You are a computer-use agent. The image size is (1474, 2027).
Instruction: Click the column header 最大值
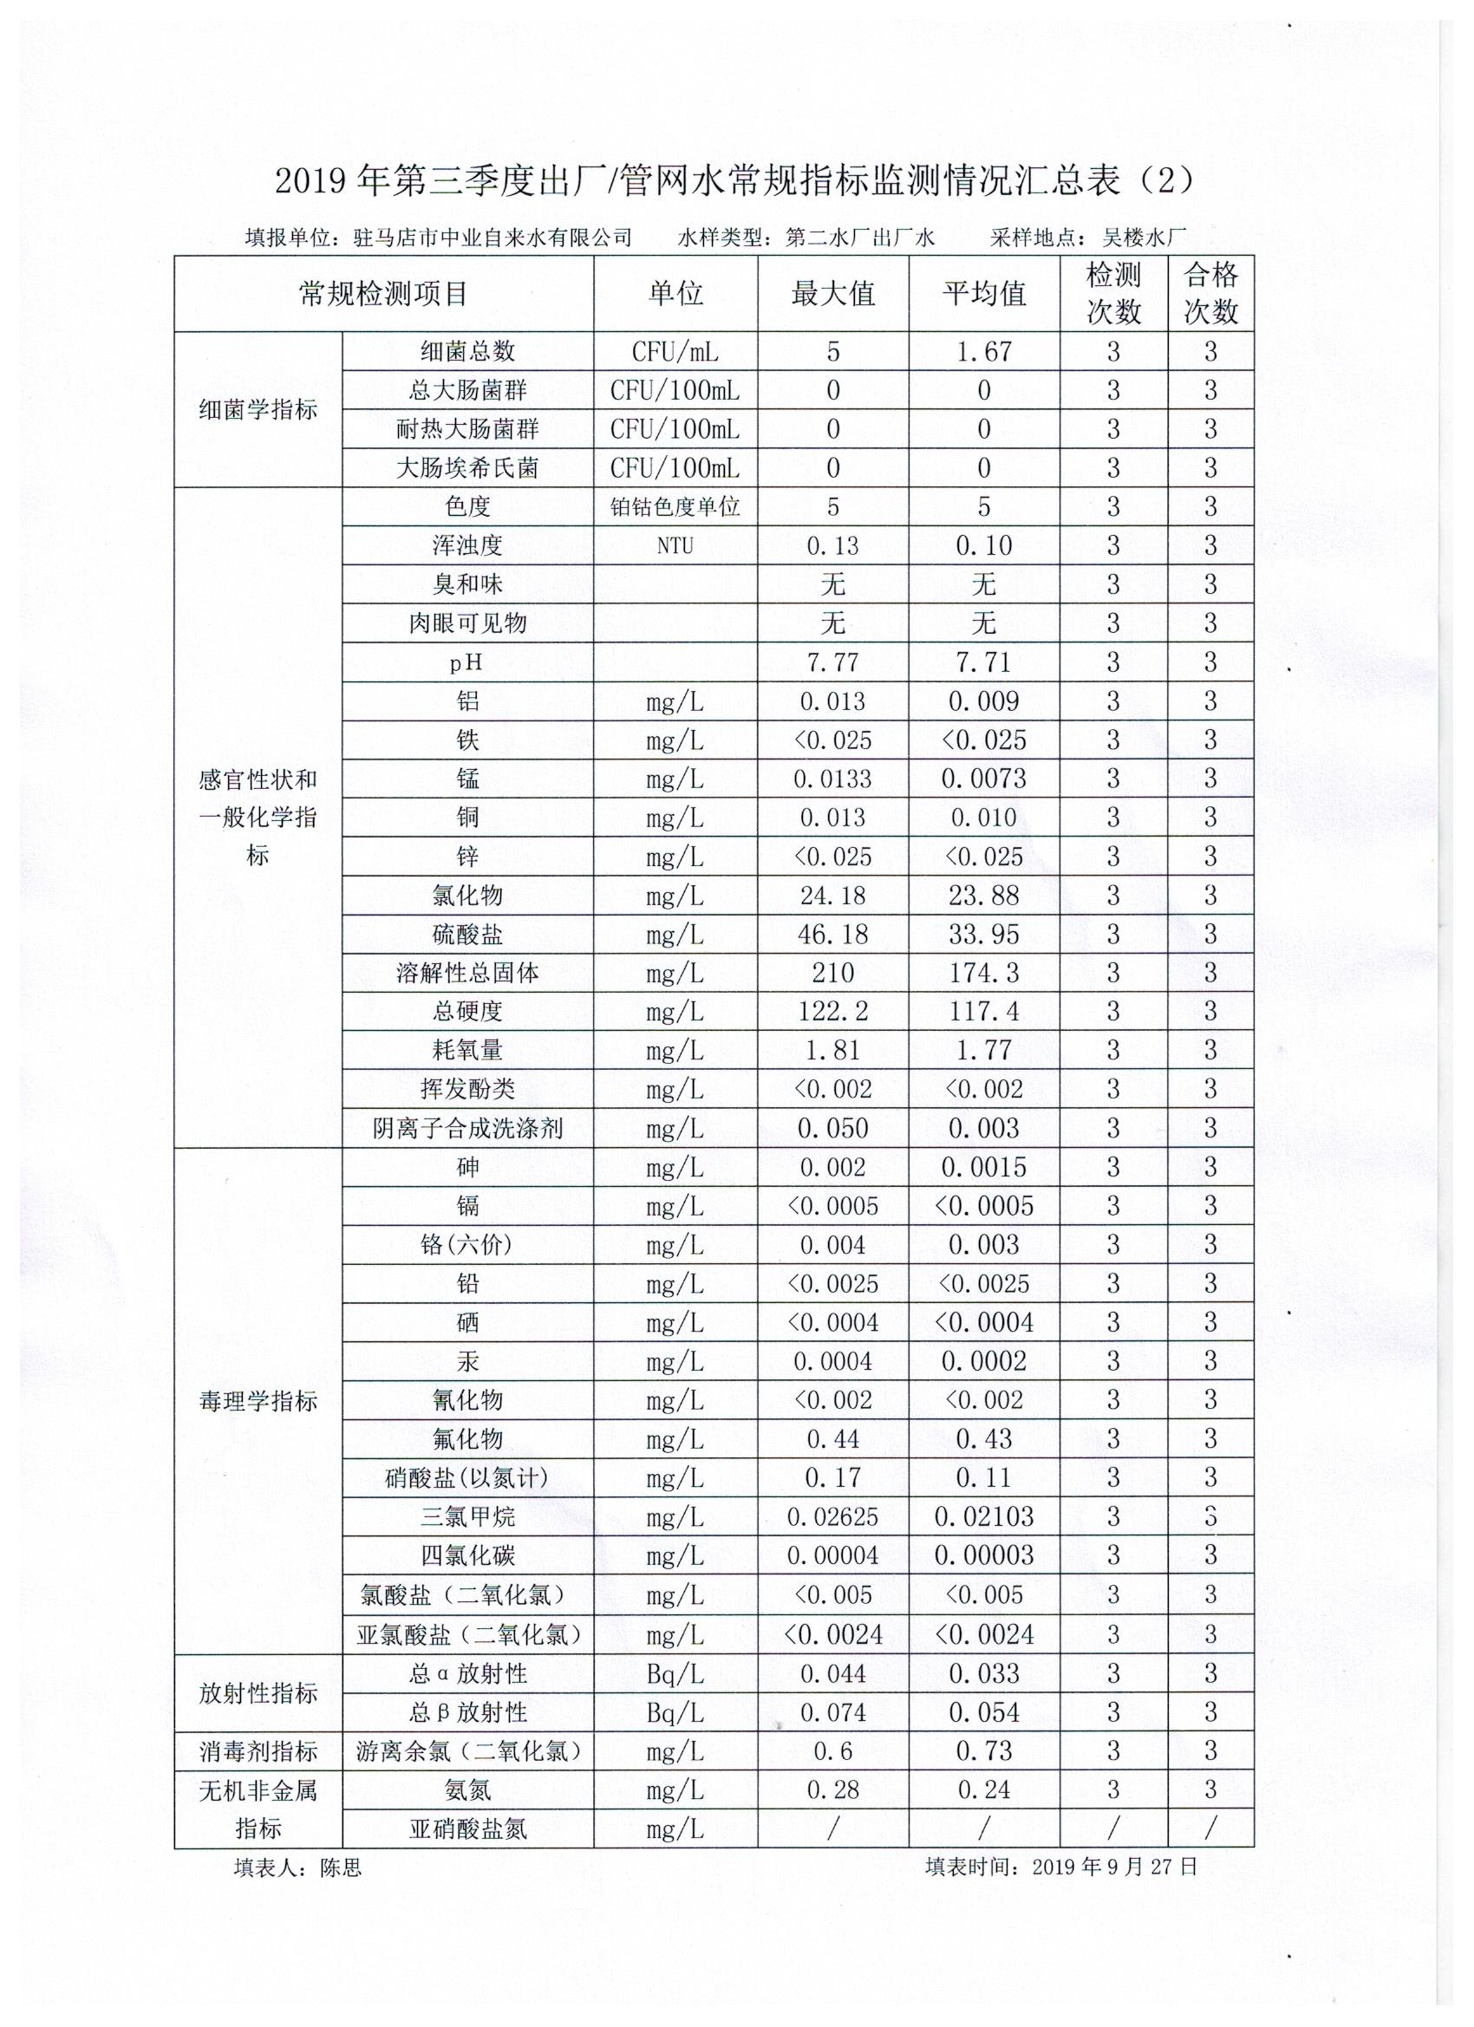point(832,294)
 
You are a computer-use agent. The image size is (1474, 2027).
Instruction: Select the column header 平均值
point(983,294)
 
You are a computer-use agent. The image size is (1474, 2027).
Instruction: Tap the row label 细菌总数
point(467,352)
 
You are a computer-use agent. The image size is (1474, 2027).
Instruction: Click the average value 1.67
point(983,352)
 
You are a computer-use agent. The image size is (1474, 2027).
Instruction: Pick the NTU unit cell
point(675,546)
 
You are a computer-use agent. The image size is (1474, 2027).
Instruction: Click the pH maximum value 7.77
point(832,662)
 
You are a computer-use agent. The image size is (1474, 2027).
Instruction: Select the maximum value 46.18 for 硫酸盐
point(832,935)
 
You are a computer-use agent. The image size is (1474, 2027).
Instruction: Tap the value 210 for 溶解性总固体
point(832,974)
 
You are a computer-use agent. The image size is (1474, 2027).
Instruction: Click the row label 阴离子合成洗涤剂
point(467,1129)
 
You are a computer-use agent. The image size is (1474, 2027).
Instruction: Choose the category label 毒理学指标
point(258,1401)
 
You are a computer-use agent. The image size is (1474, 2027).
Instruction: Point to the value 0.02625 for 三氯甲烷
point(832,1517)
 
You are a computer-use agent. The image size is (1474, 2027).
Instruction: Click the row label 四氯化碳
point(467,1556)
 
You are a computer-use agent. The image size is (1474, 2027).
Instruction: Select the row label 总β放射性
point(467,1712)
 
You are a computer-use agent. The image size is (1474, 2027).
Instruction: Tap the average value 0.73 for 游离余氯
point(983,1750)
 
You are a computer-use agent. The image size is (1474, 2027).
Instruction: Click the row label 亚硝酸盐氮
point(467,1829)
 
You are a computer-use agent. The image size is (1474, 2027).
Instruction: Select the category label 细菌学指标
point(258,410)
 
